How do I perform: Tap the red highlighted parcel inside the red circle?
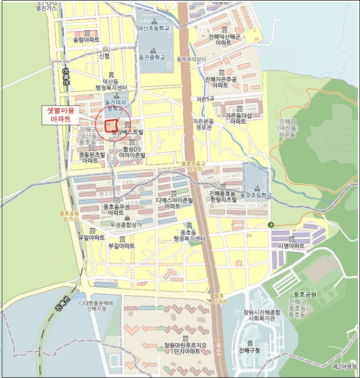click(x=111, y=126)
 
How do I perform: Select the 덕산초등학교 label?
click(x=154, y=28)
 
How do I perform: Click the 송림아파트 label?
click(x=86, y=40)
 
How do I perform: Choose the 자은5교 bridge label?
click(x=205, y=99)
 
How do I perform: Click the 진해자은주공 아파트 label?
click(x=221, y=82)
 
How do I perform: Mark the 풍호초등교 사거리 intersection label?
click(x=195, y=166)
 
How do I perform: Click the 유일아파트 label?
click(x=91, y=238)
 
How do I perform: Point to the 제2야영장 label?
click(x=343, y=367)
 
